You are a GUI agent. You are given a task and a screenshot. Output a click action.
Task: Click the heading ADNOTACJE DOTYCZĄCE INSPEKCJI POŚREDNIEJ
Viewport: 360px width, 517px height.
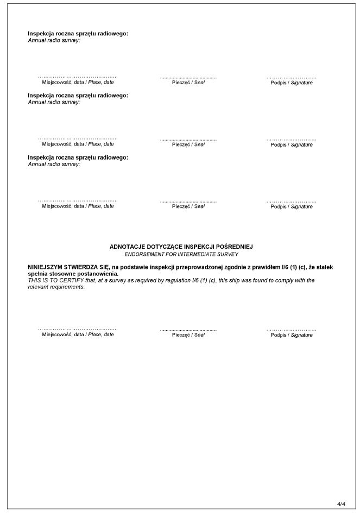[x=181, y=247]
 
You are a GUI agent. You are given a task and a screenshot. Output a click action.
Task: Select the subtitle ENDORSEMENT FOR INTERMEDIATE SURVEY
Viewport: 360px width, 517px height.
[x=181, y=254]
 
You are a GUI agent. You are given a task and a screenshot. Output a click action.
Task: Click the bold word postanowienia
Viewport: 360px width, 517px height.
[x=94, y=274]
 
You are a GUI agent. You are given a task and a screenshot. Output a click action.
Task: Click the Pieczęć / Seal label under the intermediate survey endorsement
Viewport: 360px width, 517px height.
[x=188, y=335]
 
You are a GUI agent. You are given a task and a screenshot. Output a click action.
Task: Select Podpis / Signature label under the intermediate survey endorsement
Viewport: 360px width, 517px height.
[x=292, y=335]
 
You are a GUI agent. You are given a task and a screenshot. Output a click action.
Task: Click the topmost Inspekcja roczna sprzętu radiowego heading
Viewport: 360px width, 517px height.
[x=78, y=34]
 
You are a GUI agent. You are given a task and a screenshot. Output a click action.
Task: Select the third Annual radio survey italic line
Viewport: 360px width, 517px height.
[x=54, y=164]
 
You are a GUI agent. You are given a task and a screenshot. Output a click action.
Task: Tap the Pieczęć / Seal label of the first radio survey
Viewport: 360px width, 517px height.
[x=188, y=83]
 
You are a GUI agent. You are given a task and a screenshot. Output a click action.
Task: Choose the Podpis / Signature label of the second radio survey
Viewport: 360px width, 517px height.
[x=292, y=144]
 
